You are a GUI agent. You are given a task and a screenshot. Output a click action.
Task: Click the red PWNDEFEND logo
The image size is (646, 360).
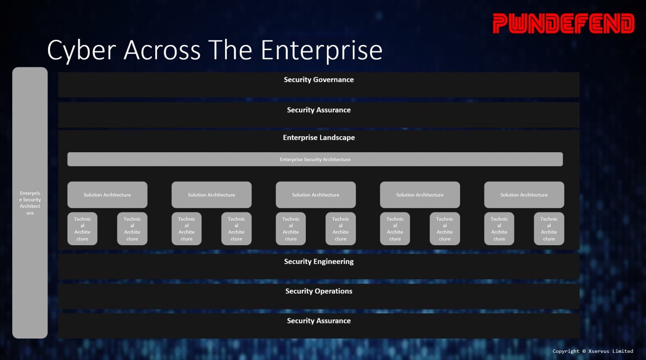point(564,24)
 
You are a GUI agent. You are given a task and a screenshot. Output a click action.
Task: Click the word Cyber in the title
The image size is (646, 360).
point(81,50)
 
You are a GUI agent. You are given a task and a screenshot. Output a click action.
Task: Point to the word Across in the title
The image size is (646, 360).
point(162,50)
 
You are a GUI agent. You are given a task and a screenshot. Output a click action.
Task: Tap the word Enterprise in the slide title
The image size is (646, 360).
point(322,50)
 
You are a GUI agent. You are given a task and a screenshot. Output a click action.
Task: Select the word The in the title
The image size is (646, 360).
point(230,50)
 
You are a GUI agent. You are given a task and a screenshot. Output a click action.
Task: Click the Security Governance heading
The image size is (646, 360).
point(319,80)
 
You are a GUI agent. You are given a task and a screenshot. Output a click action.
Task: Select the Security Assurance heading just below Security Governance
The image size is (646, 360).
point(319,110)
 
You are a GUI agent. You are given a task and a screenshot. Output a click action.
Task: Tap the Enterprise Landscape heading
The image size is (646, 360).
point(319,138)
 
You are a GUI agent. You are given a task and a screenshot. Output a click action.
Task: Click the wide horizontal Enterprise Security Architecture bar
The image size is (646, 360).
point(315,159)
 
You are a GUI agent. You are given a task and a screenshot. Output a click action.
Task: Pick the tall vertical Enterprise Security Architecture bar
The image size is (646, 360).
point(30,203)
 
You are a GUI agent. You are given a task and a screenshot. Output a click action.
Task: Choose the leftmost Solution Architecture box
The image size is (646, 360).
point(107,195)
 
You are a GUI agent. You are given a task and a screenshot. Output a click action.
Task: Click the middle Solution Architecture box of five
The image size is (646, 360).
point(315,195)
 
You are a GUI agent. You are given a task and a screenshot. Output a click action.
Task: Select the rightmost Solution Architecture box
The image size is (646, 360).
point(524,195)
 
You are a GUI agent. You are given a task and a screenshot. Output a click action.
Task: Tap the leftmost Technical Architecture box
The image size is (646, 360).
point(82,229)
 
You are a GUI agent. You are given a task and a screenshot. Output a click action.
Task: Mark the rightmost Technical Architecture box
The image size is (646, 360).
point(549,229)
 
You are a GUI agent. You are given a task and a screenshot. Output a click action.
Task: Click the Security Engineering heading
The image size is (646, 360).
point(319,262)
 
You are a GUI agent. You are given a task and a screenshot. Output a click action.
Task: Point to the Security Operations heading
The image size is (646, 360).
point(319,291)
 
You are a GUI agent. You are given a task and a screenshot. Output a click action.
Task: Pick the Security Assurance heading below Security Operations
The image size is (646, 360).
point(319,321)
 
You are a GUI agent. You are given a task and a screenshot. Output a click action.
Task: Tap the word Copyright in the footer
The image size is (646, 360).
point(566,351)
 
